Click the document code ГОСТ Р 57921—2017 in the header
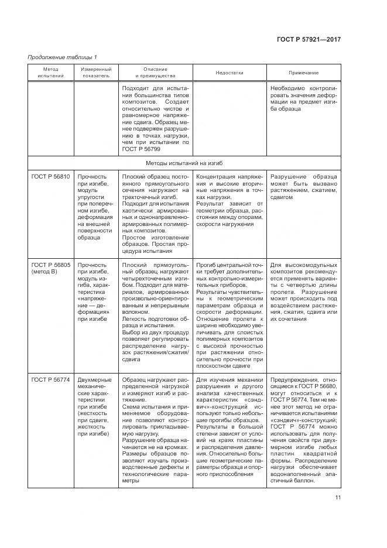pyautogui.click(x=309, y=40)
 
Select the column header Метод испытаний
pyautogui.click(x=48, y=73)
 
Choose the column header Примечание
pyautogui.click(x=303, y=73)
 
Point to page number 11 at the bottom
pyautogui.click(x=338, y=498)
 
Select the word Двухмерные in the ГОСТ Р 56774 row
pyautogui.click(x=95, y=381)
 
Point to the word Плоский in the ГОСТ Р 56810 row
pyautogui.click(x=134, y=176)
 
